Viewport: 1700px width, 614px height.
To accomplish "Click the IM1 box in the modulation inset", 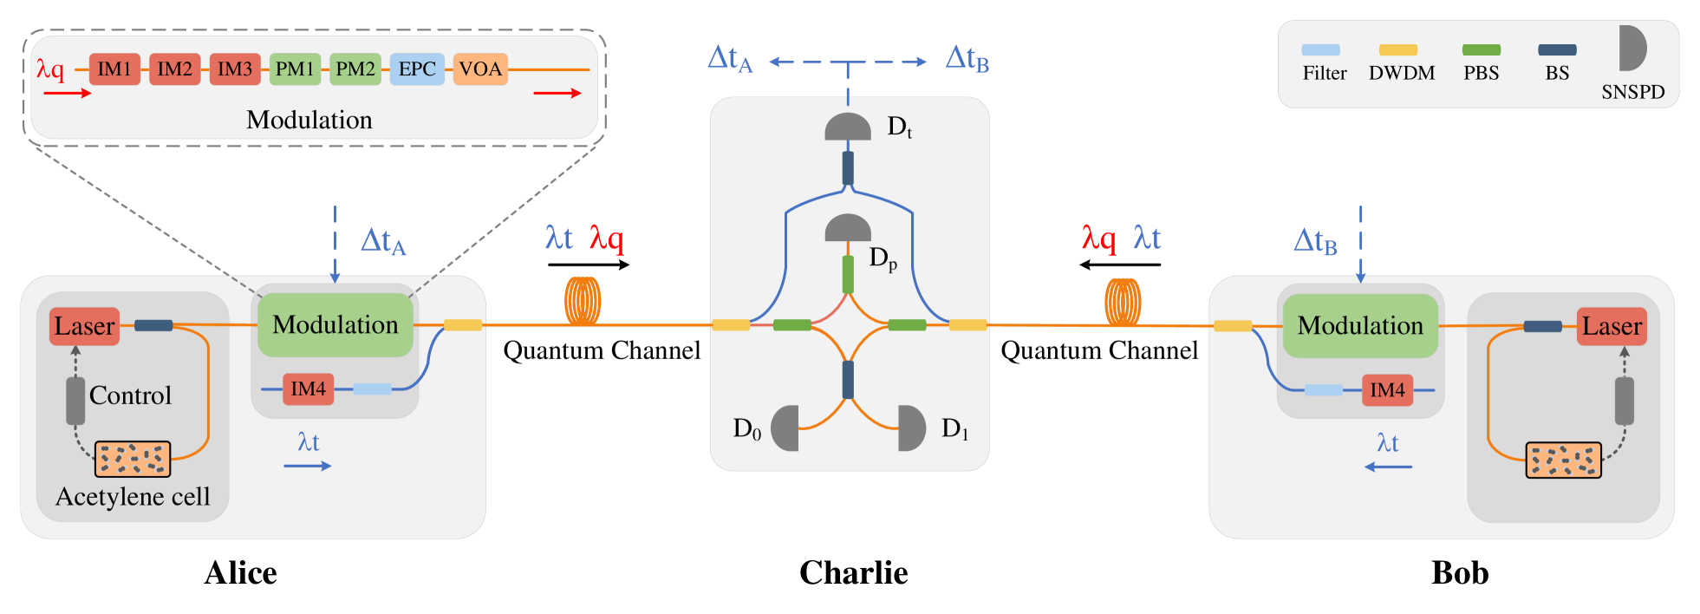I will point(114,69).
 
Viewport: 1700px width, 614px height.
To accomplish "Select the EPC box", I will point(417,69).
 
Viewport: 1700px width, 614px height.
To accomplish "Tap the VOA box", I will point(479,69).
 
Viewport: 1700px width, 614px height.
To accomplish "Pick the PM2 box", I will point(355,69).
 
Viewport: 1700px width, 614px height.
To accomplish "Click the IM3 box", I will point(234,69).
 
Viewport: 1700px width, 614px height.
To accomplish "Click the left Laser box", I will point(84,326).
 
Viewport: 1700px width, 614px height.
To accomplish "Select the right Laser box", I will point(1611,326).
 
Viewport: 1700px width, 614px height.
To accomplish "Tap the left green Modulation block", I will point(335,325).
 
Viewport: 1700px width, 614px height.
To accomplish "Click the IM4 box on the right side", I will point(1387,390).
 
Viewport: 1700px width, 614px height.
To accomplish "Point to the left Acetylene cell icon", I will point(133,459).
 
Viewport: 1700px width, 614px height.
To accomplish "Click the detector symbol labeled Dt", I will point(847,127).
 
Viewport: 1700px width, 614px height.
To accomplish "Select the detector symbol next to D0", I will point(785,428).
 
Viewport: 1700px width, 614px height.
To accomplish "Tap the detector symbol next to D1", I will point(911,428).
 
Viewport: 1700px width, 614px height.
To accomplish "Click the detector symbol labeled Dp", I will point(847,229).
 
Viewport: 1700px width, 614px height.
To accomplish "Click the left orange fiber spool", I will point(583,301).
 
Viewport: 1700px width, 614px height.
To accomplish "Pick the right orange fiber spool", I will point(1123,302).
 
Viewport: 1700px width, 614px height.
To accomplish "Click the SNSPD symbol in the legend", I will point(1632,49).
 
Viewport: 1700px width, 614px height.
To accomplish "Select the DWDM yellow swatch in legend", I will point(1397,50).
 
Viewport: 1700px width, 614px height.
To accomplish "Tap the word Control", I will point(130,395).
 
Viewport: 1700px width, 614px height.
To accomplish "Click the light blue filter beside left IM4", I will point(373,389).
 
